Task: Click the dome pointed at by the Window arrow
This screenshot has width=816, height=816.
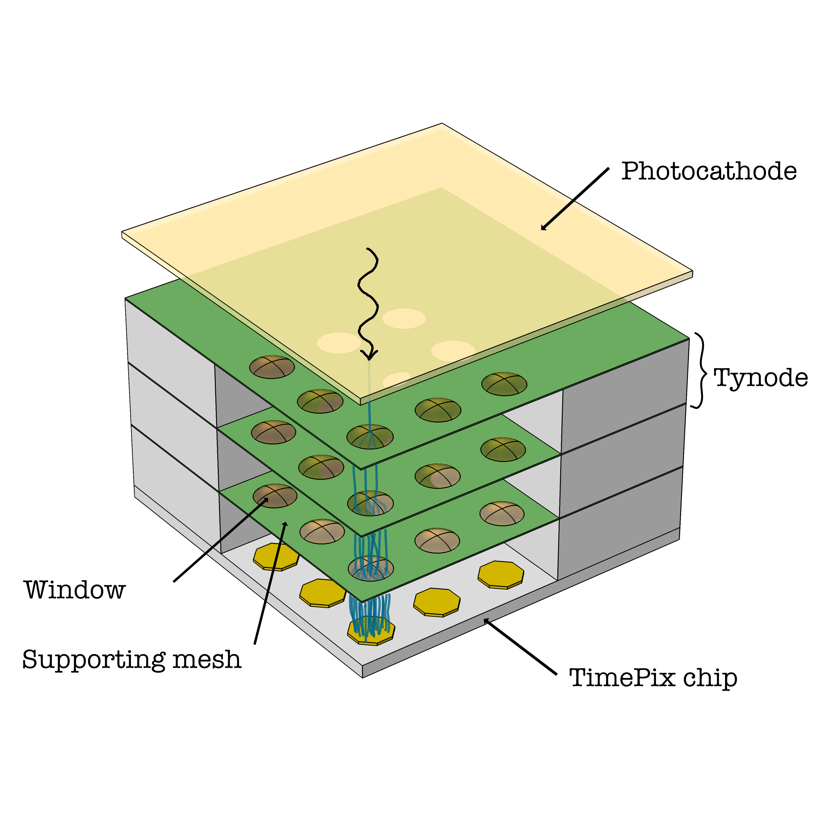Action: click(x=275, y=495)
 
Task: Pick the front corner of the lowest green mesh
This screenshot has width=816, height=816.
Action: click(x=362, y=601)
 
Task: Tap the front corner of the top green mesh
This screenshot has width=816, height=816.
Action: click(x=362, y=469)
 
